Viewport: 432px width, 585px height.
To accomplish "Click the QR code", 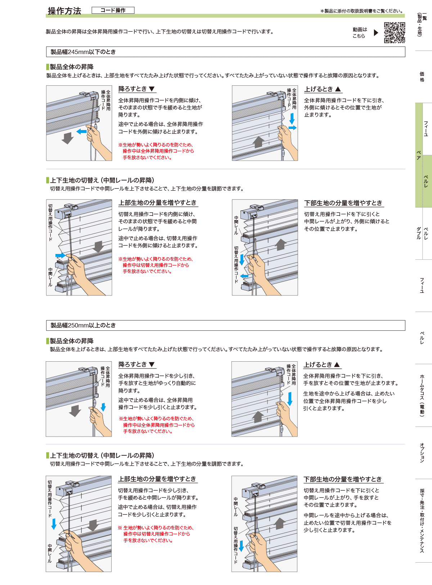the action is coord(394,32).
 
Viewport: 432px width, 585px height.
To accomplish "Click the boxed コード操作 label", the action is coord(113,10).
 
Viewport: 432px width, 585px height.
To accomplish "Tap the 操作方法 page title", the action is coord(64,11).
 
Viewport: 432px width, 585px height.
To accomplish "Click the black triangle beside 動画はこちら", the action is coord(376,33).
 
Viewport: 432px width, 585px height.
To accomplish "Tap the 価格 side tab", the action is coord(422,76).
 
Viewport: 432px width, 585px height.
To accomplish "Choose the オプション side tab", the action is coord(422,452).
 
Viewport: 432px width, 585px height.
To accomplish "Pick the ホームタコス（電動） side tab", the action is coord(422,396).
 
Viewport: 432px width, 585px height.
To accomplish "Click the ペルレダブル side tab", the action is coord(422,233).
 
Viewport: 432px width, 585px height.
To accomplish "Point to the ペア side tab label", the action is coord(419,155).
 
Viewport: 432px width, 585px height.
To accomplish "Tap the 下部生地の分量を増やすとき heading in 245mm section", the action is coord(343,203).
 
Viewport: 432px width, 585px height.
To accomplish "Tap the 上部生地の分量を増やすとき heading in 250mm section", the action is coord(157,479).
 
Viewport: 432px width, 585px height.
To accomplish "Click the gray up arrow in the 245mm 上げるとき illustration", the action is coord(258,142).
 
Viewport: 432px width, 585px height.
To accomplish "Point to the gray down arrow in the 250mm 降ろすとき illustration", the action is coord(75,411).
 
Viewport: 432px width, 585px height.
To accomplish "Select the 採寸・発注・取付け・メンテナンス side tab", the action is coord(422,521).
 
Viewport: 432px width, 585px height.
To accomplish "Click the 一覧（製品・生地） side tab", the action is coord(422,24).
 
